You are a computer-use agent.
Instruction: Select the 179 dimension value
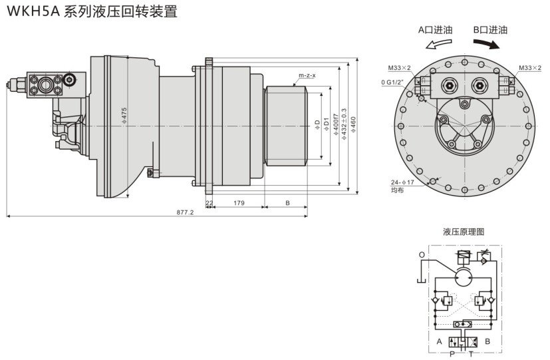click(x=235, y=202)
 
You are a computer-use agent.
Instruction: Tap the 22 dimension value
click(x=209, y=202)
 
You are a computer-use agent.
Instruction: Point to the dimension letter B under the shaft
click(x=287, y=202)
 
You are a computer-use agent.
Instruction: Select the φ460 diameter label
click(x=352, y=124)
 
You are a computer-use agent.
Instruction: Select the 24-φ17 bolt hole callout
click(x=403, y=182)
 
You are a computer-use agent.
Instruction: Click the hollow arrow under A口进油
click(x=440, y=44)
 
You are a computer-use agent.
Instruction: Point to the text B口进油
click(x=490, y=30)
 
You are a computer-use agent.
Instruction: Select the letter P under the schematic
click(x=452, y=353)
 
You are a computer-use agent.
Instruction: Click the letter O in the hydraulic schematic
click(x=422, y=255)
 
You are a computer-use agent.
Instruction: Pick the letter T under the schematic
click(x=471, y=353)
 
